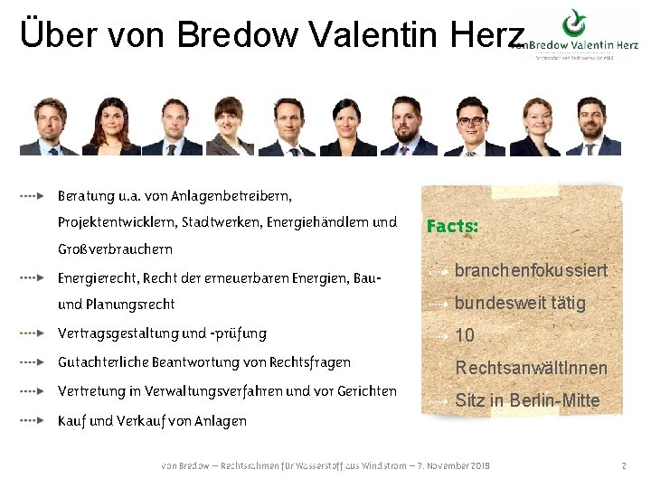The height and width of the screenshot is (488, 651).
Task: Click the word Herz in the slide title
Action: click(x=489, y=33)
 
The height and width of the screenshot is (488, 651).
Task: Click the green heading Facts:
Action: click(x=452, y=226)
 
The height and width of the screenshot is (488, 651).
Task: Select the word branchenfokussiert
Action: click(x=531, y=270)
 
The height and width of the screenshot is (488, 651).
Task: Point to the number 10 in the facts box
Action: click(x=465, y=335)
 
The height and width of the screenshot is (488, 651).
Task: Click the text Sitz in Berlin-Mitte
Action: click(x=527, y=400)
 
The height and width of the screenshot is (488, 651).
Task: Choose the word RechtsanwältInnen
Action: click(x=531, y=368)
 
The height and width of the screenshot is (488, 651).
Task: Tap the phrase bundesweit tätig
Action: click(x=520, y=303)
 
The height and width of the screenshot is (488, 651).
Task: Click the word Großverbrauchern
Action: click(x=115, y=249)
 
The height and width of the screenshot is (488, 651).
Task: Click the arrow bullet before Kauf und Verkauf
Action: click(x=32, y=420)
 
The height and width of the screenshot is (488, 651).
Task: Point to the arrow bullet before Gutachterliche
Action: click(x=32, y=362)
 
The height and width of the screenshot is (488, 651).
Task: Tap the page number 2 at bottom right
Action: click(x=624, y=465)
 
